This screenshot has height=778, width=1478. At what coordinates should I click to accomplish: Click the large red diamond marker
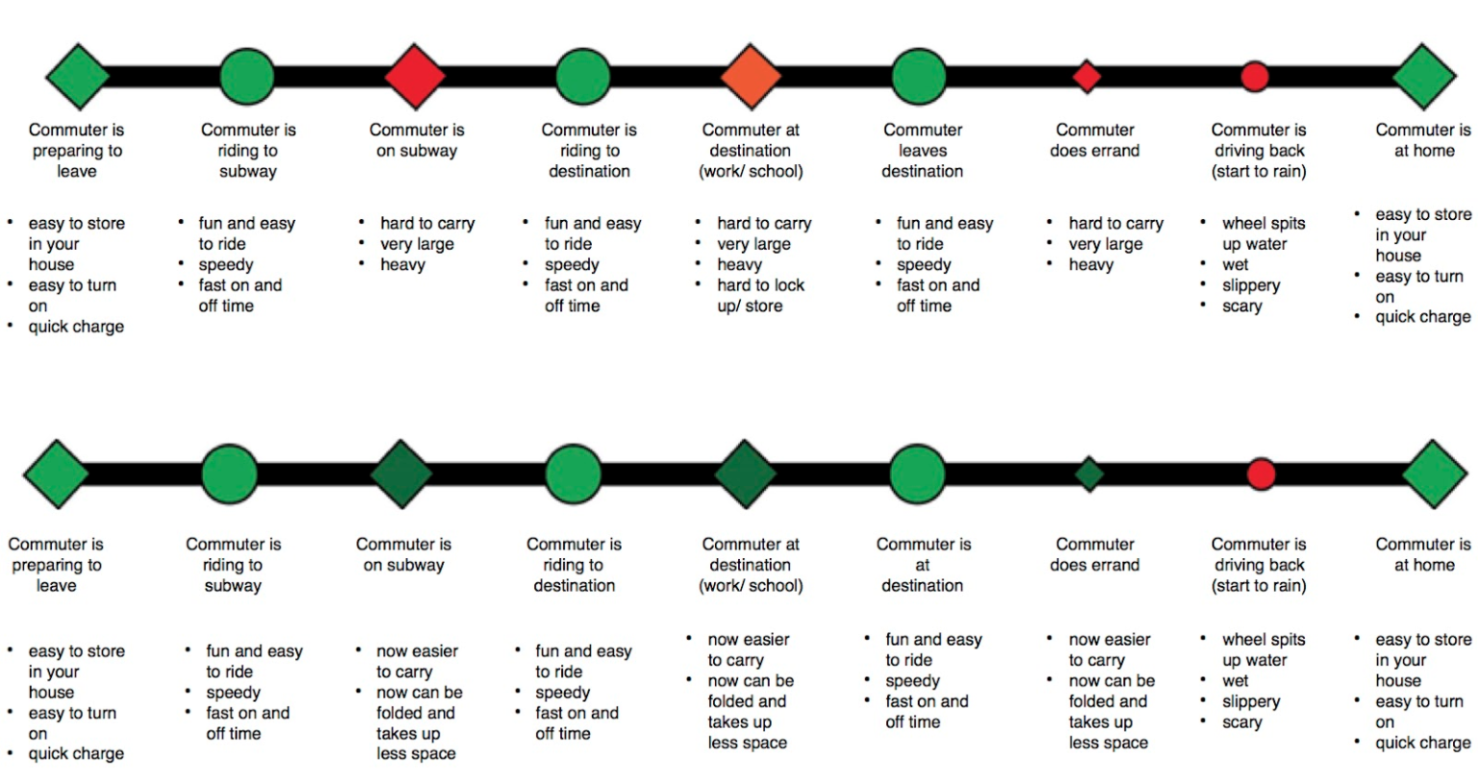[x=415, y=76]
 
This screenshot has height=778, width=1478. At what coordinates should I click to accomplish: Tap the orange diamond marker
[x=751, y=76]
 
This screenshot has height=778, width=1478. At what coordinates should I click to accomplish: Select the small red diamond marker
[x=1086, y=76]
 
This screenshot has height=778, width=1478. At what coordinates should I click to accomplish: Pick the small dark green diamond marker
[x=1089, y=474]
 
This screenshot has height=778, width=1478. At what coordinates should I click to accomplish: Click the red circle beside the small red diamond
[x=1254, y=76]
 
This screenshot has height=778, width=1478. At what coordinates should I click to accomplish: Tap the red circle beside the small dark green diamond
[x=1261, y=474]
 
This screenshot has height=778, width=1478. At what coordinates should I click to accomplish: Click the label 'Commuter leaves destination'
[x=923, y=151]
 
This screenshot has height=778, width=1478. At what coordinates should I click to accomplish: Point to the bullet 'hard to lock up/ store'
[x=760, y=296]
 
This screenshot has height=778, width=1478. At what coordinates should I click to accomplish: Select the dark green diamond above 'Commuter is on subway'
[x=401, y=474]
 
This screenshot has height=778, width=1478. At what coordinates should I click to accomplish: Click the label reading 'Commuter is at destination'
[x=923, y=565]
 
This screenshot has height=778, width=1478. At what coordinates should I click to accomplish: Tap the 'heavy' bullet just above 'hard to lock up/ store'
[x=739, y=265]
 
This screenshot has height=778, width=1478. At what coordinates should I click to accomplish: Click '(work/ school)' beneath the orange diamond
[x=751, y=172]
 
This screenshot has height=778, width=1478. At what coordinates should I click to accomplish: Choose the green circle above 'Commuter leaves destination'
[x=919, y=76]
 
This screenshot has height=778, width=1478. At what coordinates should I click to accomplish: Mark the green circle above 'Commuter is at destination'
[x=918, y=474]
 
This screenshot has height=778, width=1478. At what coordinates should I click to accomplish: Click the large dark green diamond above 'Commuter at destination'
[x=746, y=474]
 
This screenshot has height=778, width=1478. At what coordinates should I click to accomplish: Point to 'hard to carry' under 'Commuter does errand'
[x=1116, y=224]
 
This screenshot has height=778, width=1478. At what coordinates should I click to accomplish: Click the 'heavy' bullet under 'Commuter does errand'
[x=1091, y=265]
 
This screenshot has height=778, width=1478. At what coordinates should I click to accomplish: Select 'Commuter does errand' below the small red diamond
[x=1095, y=140]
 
